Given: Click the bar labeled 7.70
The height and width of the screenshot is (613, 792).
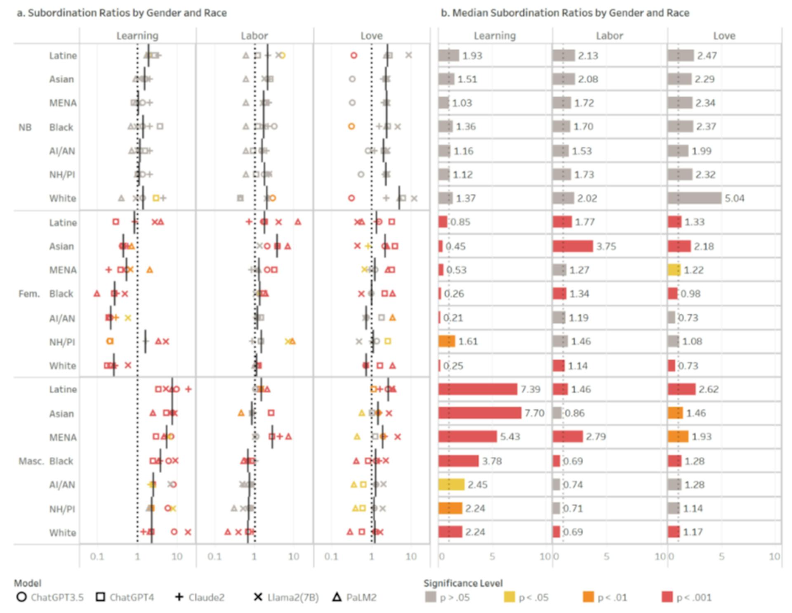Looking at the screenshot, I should pos(480,413).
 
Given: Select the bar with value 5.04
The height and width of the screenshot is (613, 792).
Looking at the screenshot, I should pos(694,198).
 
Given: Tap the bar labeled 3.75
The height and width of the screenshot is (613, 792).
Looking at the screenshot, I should pos(573,246).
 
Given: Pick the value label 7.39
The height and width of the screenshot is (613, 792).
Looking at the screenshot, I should pos(530,389).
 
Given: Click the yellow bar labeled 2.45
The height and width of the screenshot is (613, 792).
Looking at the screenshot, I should pos(451,484).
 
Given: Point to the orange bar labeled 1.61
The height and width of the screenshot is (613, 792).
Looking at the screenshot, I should pos(447,341).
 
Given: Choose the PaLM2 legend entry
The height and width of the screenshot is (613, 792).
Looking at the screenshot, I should pos(355,597).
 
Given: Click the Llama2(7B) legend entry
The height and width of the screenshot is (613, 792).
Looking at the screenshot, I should pos(287,597).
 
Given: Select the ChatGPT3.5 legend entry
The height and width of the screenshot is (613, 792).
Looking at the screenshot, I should pos(50,597).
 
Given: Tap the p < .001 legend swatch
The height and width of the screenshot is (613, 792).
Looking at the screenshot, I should pos(667,597).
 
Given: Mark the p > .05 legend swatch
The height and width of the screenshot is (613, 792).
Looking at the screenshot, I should pos(430,597).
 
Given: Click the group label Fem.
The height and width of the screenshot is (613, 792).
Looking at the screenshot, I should pos(29,294).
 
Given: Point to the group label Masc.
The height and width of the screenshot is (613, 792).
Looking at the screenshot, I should pos(31,461).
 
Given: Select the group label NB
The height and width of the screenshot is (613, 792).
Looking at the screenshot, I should pos(25,127).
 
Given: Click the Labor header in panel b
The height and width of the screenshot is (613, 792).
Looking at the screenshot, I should pos(609,36).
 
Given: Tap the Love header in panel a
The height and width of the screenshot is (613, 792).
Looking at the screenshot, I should pos(371,36).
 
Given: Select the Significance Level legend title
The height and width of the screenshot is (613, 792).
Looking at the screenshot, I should pos(463,583).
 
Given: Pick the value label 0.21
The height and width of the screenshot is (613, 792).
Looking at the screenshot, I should pos(453,318).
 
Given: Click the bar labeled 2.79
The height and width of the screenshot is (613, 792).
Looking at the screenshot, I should pos(568,437).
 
